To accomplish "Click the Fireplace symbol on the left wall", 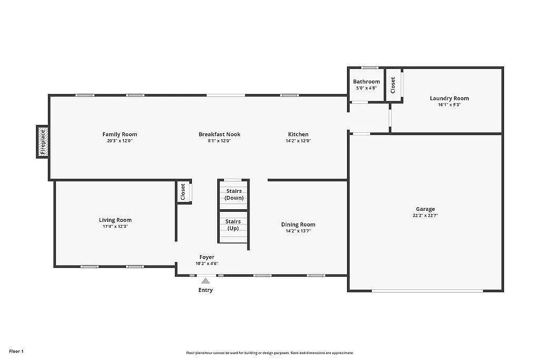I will pyautogui.click(x=43, y=142).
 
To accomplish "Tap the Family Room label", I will pyautogui.click(x=120, y=134).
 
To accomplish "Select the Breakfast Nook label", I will pyautogui.click(x=219, y=134).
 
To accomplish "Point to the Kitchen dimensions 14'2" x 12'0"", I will pyautogui.click(x=298, y=141).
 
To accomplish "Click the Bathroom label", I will pyautogui.click(x=367, y=82).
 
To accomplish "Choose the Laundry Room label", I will pyautogui.click(x=449, y=99).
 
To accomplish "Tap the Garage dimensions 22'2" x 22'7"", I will pyautogui.click(x=425, y=216).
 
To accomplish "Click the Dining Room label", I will pyautogui.click(x=298, y=225).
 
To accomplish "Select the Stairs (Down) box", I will pyautogui.click(x=234, y=194).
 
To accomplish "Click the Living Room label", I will pyautogui.click(x=115, y=220).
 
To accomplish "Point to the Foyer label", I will pyautogui.click(x=207, y=257).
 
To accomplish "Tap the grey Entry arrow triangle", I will pyautogui.click(x=205, y=281).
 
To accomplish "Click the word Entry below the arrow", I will pyautogui.click(x=206, y=290).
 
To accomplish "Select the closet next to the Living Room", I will pyautogui.click(x=183, y=191).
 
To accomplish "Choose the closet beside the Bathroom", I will pyautogui.click(x=393, y=85).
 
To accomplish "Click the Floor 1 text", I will pyautogui.click(x=16, y=351).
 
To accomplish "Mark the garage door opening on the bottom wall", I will pyautogui.click(x=427, y=290).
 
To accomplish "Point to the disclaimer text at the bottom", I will pyautogui.click(x=269, y=353).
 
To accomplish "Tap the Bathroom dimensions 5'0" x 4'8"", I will pyautogui.click(x=367, y=88).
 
